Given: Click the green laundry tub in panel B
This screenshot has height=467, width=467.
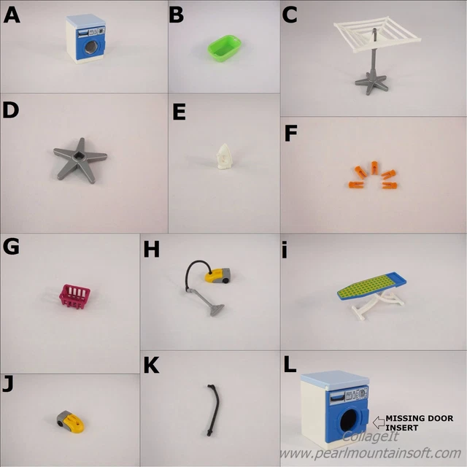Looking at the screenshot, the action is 224,48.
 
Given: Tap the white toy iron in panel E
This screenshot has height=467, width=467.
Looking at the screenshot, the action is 224,157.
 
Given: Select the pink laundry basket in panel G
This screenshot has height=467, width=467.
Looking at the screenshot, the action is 74,296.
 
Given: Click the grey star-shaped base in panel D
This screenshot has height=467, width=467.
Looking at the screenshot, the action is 80,159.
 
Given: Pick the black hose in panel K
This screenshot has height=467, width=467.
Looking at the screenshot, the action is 214,409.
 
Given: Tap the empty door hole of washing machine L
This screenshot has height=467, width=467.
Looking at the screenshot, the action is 350,420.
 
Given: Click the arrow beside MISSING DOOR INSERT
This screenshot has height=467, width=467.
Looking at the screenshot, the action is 379,423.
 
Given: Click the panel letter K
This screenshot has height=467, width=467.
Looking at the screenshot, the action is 151,365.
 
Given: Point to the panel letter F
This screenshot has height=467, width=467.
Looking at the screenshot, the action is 290,133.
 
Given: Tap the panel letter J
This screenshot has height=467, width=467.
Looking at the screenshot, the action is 8,385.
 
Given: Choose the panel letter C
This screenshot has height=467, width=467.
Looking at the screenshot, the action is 290,15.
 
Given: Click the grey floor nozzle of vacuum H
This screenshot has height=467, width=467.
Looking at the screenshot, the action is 217,310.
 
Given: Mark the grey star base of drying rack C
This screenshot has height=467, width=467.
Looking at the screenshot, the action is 371,82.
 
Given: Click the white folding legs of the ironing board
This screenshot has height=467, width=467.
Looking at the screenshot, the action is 377,304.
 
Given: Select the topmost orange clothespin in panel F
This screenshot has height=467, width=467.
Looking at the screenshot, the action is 374,168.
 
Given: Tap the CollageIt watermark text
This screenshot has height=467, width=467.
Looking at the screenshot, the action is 370,436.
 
